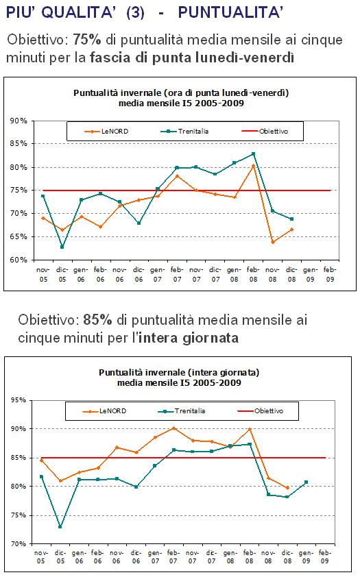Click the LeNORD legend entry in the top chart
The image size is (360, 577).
point(106,132)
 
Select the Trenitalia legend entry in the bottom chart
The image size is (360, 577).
point(182,411)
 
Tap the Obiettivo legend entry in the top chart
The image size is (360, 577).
point(265,132)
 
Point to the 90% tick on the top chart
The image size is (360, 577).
point(19,121)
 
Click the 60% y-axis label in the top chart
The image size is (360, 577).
point(19,260)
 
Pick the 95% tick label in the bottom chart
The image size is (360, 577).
point(18,400)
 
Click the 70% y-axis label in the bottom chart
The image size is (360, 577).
point(18,543)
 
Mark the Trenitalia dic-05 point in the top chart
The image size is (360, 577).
point(62,247)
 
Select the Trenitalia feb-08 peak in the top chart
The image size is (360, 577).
point(253,154)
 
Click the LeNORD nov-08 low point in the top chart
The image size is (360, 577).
point(273,242)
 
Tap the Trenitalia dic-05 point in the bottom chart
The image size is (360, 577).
point(60,526)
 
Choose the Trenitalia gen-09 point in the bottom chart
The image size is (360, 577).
point(307,482)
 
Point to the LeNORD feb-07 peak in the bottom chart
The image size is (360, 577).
point(173,428)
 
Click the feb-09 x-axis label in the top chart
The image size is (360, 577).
point(330,275)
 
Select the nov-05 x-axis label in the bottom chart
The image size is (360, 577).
point(41,556)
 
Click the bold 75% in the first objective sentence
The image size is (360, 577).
point(87,39)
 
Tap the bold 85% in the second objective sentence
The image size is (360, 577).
point(97,319)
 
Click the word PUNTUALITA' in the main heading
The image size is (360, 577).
point(231,12)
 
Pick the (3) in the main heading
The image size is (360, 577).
point(135,12)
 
